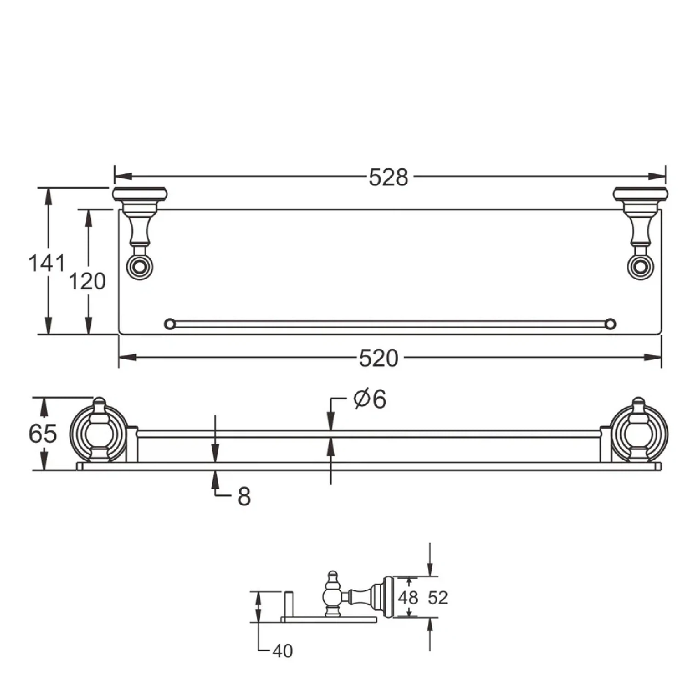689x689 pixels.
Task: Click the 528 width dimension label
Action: click(x=388, y=177)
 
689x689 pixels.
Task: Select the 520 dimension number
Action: click(x=378, y=358)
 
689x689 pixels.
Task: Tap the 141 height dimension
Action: click(x=47, y=263)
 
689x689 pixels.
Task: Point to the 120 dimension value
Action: click(x=87, y=281)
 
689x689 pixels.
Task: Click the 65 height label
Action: click(x=43, y=433)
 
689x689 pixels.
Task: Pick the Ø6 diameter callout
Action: click(x=370, y=399)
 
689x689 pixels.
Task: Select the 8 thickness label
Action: click(x=244, y=497)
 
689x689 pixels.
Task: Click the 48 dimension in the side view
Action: click(x=408, y=598)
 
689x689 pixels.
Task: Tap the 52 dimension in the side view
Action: click(x=438, y=598)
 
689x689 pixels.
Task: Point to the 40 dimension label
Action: click(x=282, y=651)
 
